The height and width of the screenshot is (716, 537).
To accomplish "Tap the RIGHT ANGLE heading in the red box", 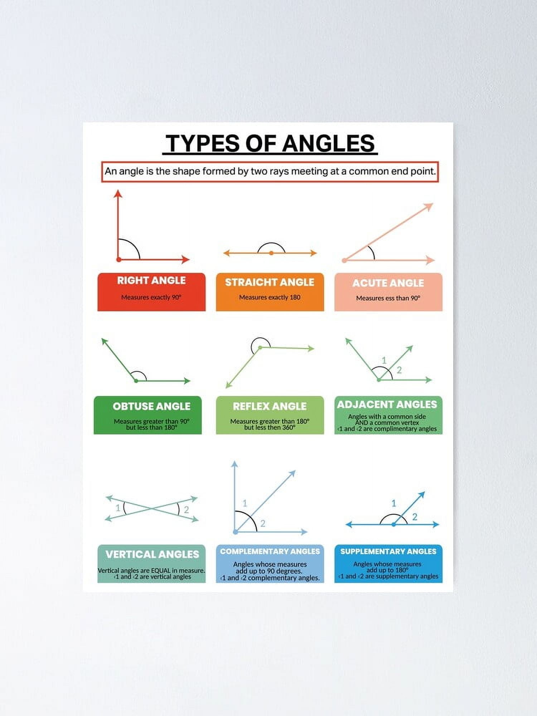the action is [151, 280].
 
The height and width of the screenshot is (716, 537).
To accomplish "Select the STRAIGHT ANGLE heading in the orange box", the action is [270, 282].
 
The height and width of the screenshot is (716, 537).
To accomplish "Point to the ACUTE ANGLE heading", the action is [388, 283].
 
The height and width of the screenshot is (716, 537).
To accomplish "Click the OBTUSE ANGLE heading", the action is [151, 406].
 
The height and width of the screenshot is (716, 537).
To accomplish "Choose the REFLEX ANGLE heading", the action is [270, 406].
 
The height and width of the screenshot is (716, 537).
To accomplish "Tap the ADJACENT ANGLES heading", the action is [387, 405].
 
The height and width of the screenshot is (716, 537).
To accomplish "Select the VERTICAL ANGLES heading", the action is [152, 554].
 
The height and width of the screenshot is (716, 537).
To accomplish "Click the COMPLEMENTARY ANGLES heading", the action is [270, 551].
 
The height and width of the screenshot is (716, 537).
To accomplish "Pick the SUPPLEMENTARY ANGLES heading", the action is [388, 551].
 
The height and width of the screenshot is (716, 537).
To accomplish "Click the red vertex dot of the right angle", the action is [119, 260].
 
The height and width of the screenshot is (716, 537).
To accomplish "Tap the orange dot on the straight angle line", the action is [271, 253].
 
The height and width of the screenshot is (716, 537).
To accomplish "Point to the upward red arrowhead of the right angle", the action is [118, 194].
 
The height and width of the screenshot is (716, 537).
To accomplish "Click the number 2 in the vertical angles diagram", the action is [186, 510].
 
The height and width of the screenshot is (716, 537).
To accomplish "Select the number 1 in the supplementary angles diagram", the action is [394, 503].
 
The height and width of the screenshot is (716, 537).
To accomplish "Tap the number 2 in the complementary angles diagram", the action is [263, 524].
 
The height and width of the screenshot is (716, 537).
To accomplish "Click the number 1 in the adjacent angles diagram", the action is [384, 360].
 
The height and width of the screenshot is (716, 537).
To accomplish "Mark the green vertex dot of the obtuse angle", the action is [136, 381].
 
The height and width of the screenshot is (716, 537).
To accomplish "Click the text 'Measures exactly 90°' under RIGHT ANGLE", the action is [151, 297].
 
